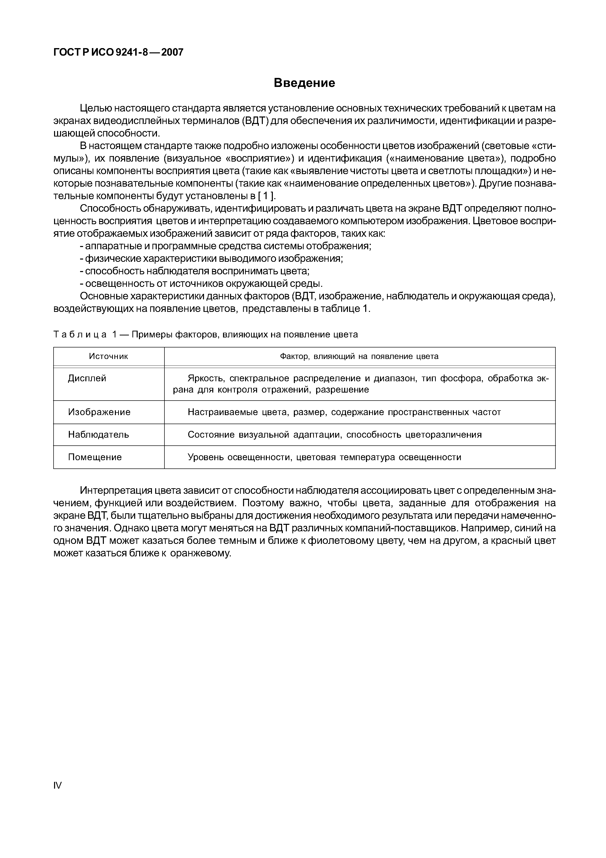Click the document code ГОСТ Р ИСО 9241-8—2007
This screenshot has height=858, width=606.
tap(118, 52)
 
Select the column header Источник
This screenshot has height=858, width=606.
tap(108, 356)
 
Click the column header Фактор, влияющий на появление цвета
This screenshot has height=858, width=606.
tap(359, 356)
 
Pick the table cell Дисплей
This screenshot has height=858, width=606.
tap(87, 379)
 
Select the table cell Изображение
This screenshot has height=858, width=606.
tap(99, 412)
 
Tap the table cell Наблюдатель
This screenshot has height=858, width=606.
tap(99, 435)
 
